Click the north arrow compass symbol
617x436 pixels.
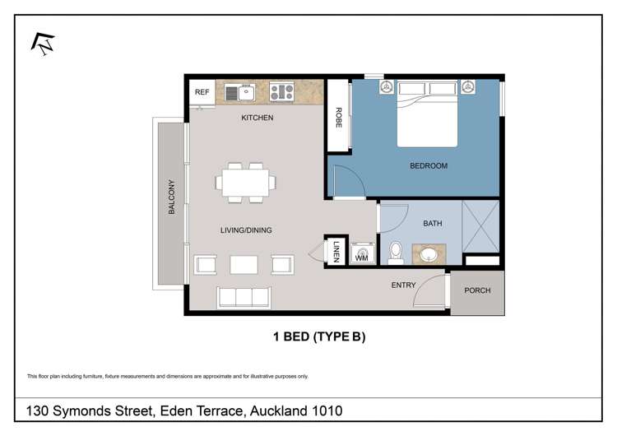point(43,43)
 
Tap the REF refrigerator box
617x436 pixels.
point(202,92)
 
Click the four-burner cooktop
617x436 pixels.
point(281,91)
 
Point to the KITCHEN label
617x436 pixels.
point(257,118)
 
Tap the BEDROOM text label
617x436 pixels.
point(429,166)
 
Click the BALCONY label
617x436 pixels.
point(172,197)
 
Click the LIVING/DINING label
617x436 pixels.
point(245,230)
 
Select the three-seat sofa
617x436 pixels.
point(244,296)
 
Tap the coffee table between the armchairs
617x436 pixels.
point(244,265)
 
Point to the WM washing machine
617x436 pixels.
point(361,255)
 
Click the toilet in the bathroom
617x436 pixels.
point(395,252)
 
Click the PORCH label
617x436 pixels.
point(476,290)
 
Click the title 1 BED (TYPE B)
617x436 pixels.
point(318,336)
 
